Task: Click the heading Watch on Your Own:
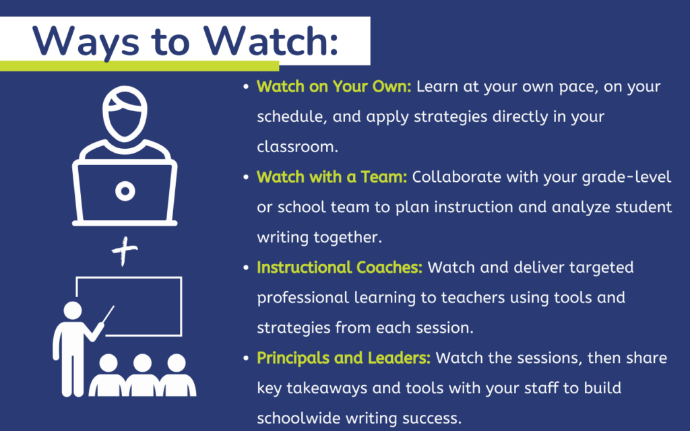tap(334, 87)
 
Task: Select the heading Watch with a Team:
tap(332, 177)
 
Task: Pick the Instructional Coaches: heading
tap(340, 267)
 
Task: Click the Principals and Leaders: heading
tap(344, 358)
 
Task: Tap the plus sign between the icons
tap(125, 251)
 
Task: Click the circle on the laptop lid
tap(125, 191)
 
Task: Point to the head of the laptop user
tap(125, 113)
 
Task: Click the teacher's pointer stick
tap(108, 314)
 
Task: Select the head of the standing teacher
tap(73, 310)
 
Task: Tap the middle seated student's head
tap(142, 363)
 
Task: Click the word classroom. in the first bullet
tap(297, 147)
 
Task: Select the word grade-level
tap(627, 178)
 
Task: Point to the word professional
tap(303, 298)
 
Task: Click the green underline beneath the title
tap(139, 66)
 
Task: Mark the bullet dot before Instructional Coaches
tap(246, 268)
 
